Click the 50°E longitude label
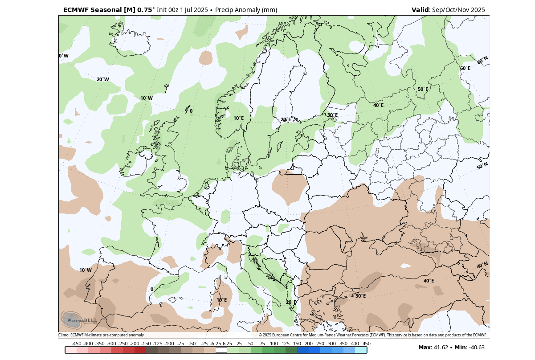coord(423,89)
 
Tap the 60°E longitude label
coord(465,68)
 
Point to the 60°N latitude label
coord(482,60)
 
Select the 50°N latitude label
coord(482,166)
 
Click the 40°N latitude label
coord(482,265)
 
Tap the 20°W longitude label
coord(102,79)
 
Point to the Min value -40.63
coord(477,348)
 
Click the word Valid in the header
coord(420,10)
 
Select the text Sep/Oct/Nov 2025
coord(458,10)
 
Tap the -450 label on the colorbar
coord(77,344)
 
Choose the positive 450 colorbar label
coord(366,344)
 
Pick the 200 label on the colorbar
coord(308,344)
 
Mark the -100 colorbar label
coord(169,344)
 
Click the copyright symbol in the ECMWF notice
coord(260,335)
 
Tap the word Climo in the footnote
coord(63,335)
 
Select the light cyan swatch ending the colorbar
coord(361,350)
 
